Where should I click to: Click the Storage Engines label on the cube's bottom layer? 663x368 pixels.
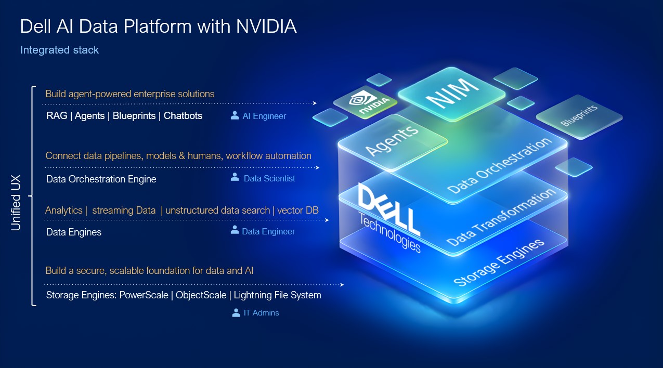pos(499,262)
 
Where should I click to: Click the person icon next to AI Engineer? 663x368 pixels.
pos(235,115)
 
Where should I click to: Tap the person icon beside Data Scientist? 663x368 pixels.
pos(235,177)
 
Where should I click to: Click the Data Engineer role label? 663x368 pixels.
pos(268,231)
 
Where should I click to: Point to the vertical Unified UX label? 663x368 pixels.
pos(16,196)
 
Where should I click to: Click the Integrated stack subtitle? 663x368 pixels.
pos(59,50)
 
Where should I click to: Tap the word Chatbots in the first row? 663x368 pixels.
pos(183,115)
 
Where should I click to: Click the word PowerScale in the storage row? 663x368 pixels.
pos(144,295)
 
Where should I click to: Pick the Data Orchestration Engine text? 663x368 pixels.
pos(101,179)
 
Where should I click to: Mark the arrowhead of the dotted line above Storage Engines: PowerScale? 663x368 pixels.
pos(342,284)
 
